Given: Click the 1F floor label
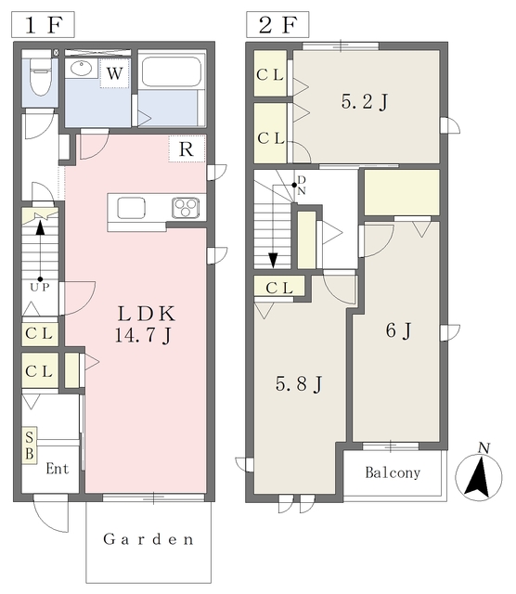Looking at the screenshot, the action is pos(43,25).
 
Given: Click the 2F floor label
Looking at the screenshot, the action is pos(277,25).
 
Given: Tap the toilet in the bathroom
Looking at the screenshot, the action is pos(40,76).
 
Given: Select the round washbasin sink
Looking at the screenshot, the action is pos(82,68).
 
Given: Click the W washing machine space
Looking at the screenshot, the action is pos(114,73).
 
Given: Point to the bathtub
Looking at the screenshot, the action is pos(172,71).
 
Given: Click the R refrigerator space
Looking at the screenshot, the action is pos(187,148).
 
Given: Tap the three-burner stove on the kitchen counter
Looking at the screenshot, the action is pos(186,207).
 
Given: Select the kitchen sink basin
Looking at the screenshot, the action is pos(131,208).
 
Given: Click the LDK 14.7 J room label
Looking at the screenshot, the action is pos(145,324).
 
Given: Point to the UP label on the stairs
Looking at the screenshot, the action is pos(40,287).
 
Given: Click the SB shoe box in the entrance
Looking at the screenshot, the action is pos(30,445).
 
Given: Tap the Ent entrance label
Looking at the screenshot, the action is pos(58,469).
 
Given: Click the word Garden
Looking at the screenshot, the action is pos(148,539).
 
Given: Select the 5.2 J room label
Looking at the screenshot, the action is pos(365,101).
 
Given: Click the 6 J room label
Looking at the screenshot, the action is pos(398,330).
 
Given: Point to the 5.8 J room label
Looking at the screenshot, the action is pos(299,384).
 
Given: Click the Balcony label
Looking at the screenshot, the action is pos(393,472).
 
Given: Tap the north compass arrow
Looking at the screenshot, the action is pos(479,476).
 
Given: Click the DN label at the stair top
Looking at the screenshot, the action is pos(302,186).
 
